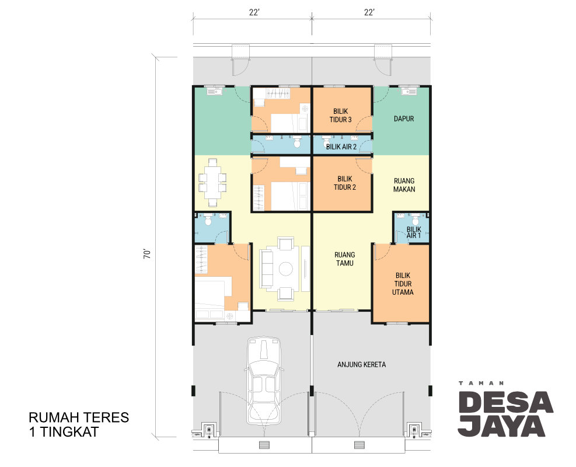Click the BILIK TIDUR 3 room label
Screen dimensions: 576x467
341,115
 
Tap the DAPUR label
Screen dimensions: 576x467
404,119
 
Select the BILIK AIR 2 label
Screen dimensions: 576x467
341,147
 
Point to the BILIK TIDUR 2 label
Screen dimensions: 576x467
344,183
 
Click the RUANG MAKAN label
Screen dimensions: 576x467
404,185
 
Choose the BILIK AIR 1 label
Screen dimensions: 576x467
414,232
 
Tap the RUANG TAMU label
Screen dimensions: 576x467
344,259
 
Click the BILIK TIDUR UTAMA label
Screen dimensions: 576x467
403,284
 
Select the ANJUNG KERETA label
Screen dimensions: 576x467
361,364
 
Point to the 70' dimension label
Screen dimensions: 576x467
147,255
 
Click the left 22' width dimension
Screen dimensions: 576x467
254,12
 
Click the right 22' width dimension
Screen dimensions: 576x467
369,12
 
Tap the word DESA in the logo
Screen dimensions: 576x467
505,402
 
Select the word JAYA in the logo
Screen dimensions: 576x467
501,426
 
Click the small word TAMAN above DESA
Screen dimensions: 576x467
481,383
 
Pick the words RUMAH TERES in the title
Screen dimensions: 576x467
79,417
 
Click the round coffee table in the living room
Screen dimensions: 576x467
285,269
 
